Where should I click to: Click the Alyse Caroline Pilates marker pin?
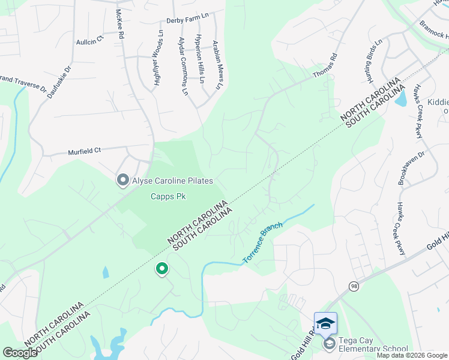pos(123,179)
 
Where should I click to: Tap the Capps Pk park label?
pos(166,196)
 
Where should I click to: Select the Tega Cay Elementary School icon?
pos(328,344)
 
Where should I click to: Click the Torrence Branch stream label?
pos(262,244)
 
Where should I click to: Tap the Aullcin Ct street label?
pos(90,42)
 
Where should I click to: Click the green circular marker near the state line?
pos(161,269)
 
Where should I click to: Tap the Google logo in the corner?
pos(20,353)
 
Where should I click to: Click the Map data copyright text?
pos(412,355)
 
